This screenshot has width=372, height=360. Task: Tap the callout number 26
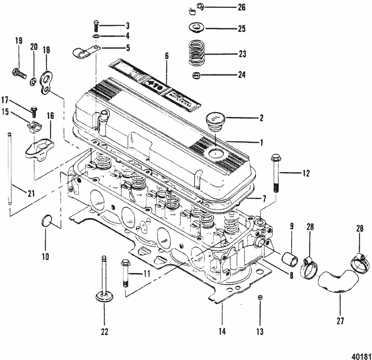(242, 7)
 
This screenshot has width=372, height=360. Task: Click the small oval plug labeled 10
(46, 221)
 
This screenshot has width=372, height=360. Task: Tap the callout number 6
(167, 57)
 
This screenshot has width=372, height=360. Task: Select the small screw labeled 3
(95, 25)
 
